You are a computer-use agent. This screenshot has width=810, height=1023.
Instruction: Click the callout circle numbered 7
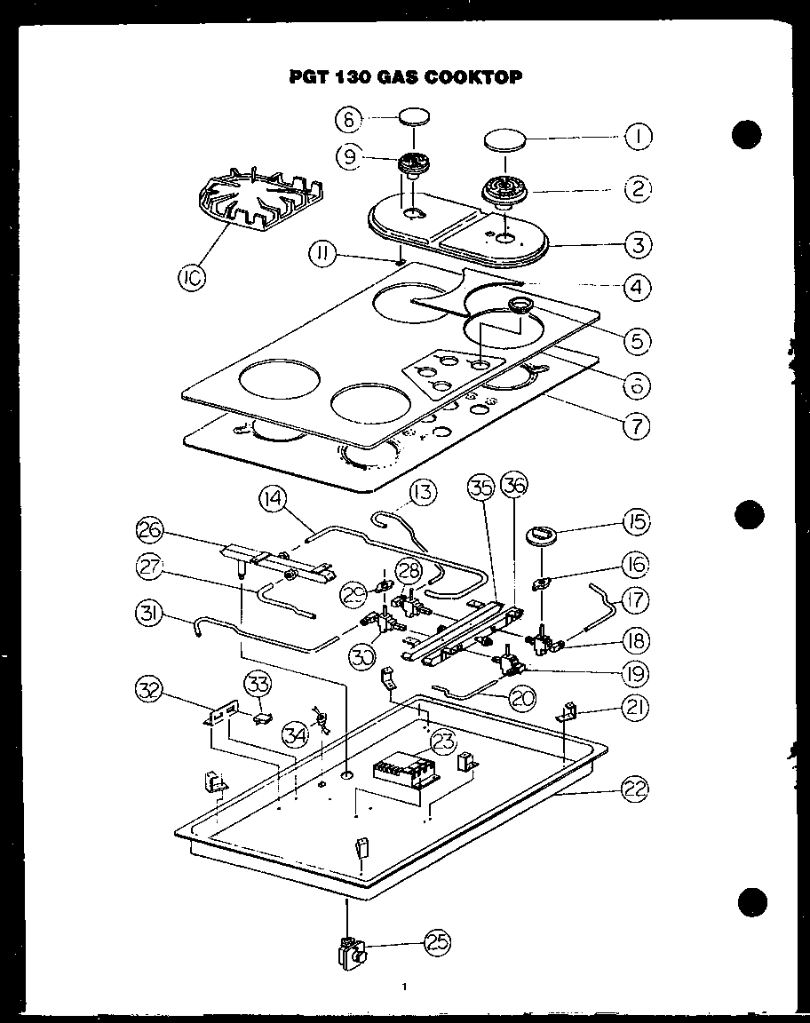point(636,426)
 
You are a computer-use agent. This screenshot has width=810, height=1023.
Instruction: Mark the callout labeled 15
point(636,521)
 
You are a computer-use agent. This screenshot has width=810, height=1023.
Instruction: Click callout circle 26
point(151,530)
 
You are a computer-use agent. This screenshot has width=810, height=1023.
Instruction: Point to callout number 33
point(258,684)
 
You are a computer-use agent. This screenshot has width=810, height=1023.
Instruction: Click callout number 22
point(636,789)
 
